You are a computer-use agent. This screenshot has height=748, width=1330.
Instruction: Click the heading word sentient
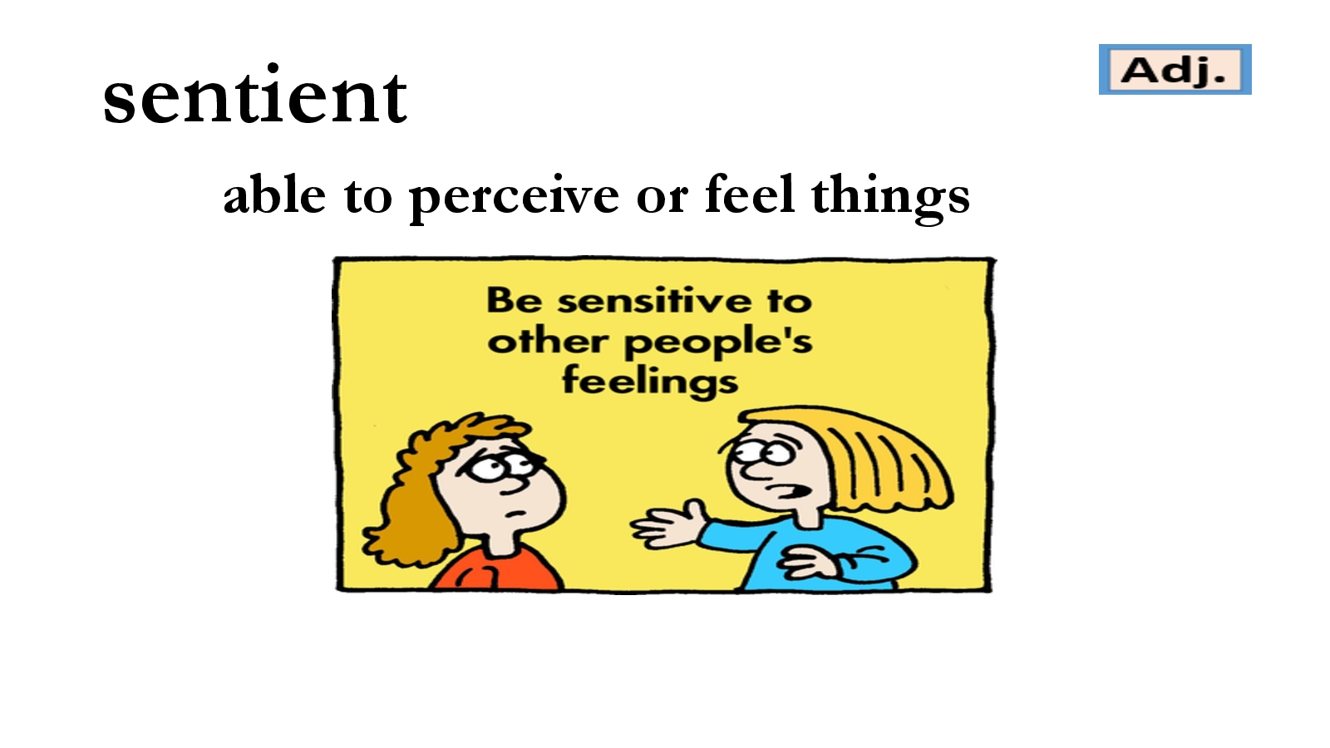(x=255, y=96)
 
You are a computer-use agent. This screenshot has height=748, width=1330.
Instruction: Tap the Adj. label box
(x=1175, y=70)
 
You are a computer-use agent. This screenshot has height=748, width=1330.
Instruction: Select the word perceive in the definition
(x=515, y=197)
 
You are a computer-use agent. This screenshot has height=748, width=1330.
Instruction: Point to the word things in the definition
(x=890, y=197)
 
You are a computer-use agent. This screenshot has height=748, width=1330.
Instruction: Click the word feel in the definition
(x=749, y=194)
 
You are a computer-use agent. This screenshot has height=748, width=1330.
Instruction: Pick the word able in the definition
(x=274, y=194)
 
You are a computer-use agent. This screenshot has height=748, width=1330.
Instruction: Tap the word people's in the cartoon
(x=718, y=343)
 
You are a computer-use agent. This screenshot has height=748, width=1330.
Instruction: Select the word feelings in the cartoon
(x=650, y=381)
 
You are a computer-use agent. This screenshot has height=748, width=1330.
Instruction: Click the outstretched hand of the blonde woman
(x=668, y=524)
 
